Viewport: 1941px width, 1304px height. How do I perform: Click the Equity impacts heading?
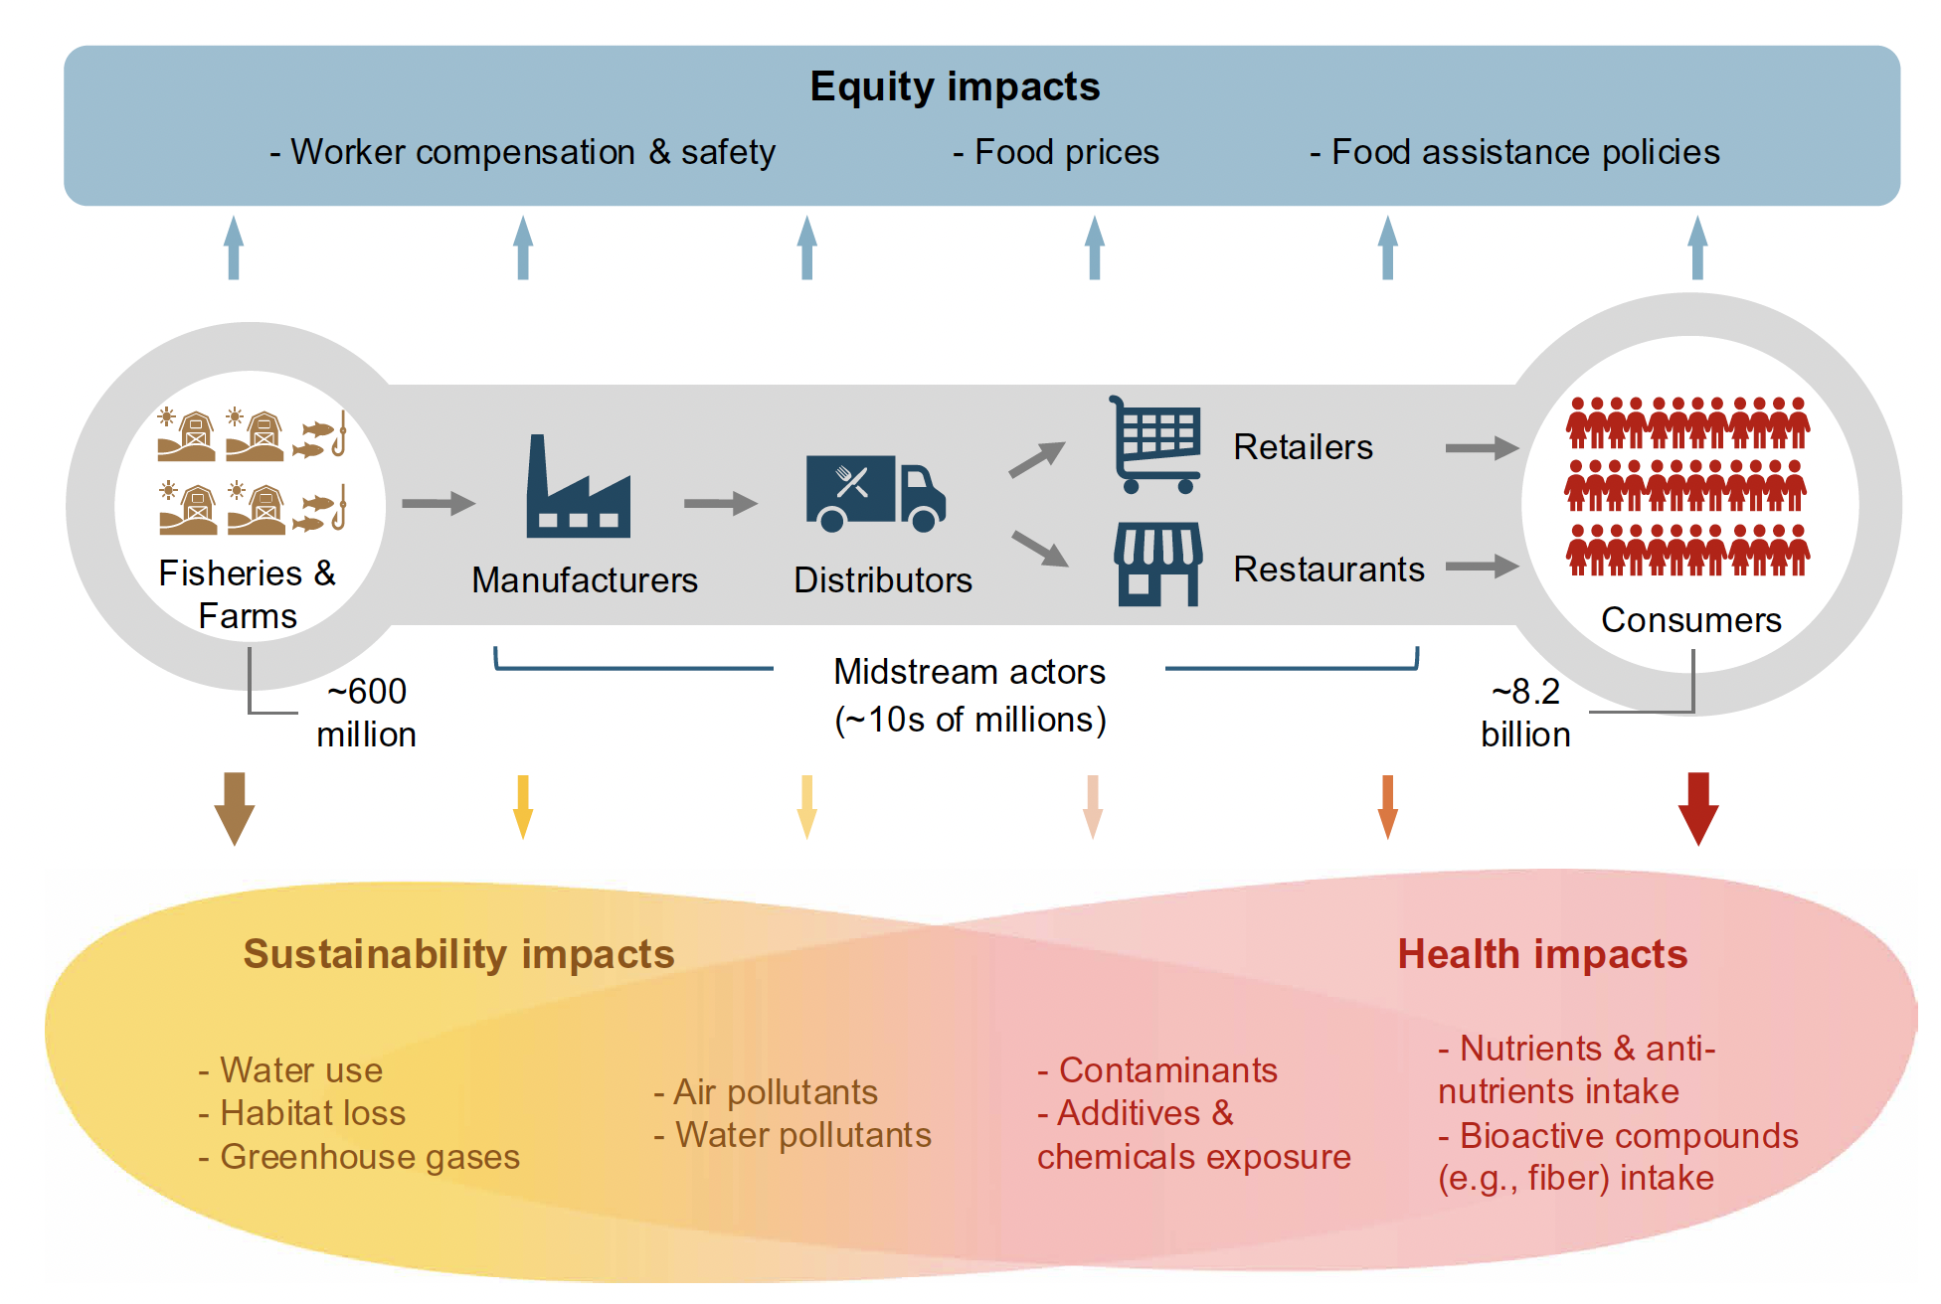coord(955,87)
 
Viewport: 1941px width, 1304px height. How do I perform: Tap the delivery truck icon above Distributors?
coord(875,493)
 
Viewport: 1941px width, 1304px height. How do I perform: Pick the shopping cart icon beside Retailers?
coord(1155,444)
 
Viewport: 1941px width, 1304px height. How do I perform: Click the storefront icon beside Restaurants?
coord(1157,565)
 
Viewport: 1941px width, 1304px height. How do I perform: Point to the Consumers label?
coord(1690,620)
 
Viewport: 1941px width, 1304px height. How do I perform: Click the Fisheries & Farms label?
coord(248,594)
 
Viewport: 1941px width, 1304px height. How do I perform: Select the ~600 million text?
coord(366,713)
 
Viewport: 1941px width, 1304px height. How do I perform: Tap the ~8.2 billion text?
coord(1525,713)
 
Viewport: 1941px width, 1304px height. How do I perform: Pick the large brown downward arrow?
coord(235,808)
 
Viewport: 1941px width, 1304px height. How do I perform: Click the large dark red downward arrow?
coord(1698,808)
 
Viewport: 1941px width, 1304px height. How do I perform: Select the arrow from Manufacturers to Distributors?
coord(721,503)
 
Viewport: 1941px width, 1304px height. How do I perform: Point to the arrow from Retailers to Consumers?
coord(1482,448)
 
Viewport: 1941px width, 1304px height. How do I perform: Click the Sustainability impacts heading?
coord(458,954)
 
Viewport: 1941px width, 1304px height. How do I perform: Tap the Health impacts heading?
coord(1542,954)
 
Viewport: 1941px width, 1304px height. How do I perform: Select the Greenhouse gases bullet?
coord(359,1157)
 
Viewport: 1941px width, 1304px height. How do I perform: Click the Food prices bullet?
coord(1056,152)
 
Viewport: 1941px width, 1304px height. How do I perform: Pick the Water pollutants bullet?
coord(793,1135)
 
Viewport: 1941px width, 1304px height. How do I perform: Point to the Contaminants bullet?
coord(1157,1070)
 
